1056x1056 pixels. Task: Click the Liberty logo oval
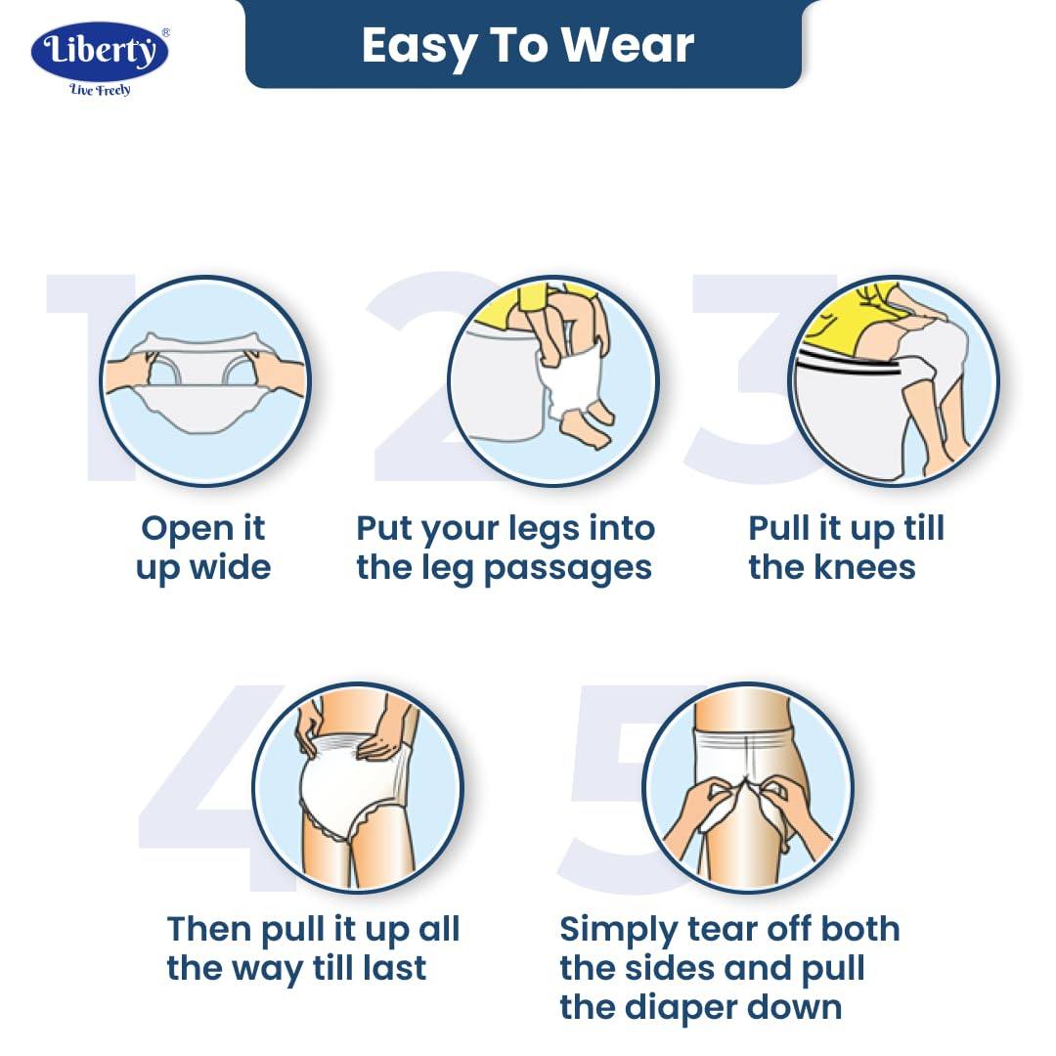[100, 52]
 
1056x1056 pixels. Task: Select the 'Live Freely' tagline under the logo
[100, 90]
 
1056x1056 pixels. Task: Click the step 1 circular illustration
[204, 380]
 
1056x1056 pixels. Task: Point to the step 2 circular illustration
[552, 380]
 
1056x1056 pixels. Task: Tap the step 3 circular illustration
[894, 380]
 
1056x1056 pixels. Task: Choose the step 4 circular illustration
[358, 788]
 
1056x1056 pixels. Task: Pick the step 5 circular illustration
[748, 788]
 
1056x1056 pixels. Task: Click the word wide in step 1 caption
[231, 567]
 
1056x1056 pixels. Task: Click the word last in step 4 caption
[394, 968]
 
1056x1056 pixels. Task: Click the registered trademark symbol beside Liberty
[165, 32]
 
